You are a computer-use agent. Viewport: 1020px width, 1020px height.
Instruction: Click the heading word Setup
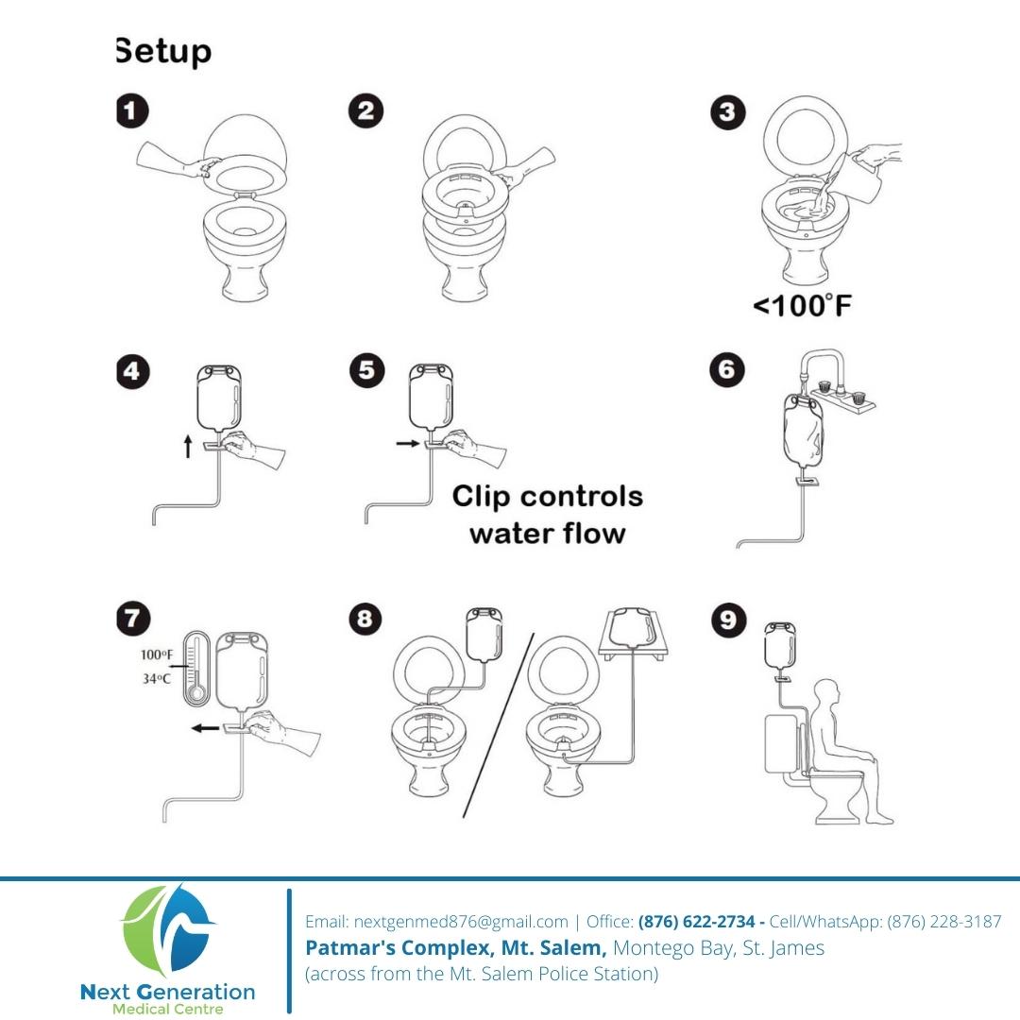[x=164, y=51]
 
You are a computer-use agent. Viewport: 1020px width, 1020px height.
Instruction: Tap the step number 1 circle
[x=133, y=110]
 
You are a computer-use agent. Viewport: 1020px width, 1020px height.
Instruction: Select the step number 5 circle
[x=366, y=370]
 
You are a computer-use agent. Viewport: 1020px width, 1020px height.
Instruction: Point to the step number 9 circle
[x=728, y=620]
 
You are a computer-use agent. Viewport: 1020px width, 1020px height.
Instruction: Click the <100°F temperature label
[x=802, y=306]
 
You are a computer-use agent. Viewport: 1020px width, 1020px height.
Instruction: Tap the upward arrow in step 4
[x=188, y=446]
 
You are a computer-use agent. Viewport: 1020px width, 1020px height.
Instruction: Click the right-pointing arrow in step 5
[x=408, y=444]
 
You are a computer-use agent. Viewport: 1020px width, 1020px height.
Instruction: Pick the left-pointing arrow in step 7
[x=206, y=728]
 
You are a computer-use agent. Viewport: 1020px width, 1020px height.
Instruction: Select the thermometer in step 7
[x=195, y=669]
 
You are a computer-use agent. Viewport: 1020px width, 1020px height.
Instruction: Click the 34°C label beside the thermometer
[x=157, y=678]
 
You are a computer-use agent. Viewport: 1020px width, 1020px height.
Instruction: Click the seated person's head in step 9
[x=826, y=692]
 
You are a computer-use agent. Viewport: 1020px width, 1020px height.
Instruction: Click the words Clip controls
[x=548, y=497]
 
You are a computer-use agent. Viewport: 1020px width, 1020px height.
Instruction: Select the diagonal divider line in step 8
[x=499, y=724]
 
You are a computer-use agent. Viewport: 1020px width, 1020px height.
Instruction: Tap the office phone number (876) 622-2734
[x=696, y=921]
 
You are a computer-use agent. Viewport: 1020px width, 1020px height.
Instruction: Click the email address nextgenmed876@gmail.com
[x=461, y=922]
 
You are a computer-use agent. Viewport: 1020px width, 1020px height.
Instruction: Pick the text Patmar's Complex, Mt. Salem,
[x=456, y=948]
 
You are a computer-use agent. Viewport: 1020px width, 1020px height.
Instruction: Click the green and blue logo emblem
[x=168, y=930]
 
